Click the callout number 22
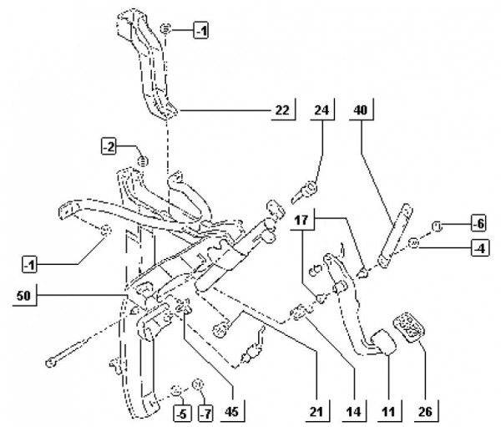point(282,110)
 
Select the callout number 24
point(321,110)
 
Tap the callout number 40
point(361,110)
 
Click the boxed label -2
point(109,147)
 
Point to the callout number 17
point(301,220)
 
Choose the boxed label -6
point(478,224)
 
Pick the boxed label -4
point(480,248)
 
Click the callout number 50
point(23,296)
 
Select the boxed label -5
point(182,414)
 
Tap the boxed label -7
point(206,414)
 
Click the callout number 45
point(231,412)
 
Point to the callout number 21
point(316,412)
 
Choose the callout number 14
point(353,412)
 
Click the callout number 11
point(388,412)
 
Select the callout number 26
point(425,412)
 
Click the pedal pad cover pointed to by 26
point(407,326)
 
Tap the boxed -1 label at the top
point(201,31)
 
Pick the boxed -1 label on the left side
point(30,265)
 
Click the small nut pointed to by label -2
point(143,160)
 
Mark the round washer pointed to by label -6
point(437,226)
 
